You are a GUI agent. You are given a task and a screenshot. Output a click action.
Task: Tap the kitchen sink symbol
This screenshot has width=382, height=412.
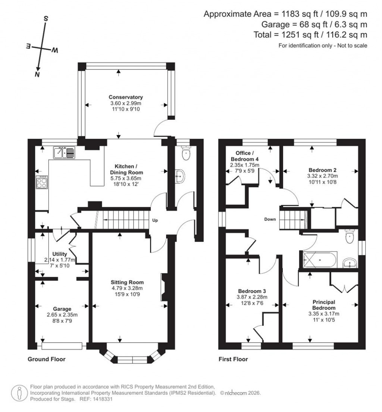click(x=64, y=152)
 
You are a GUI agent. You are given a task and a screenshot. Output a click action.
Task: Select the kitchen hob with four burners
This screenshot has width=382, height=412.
click(x=42, y=183)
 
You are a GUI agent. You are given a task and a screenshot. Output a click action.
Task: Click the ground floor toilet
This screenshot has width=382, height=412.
click(x=185, y=152)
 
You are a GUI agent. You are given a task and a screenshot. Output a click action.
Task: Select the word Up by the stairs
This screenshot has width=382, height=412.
click(x=155, y=221)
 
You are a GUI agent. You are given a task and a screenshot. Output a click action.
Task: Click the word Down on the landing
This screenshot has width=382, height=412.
click(x=270, y=219)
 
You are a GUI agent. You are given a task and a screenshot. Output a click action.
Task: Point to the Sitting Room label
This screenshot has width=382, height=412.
click(x=129, y=282)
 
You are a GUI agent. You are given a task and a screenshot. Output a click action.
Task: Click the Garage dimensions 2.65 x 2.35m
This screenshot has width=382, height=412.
click(x=62, y=315)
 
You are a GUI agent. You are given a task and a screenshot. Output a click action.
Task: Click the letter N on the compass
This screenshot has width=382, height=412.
click(x=37, y=75)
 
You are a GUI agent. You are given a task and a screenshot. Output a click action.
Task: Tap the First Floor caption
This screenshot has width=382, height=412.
click(x=233, y=359)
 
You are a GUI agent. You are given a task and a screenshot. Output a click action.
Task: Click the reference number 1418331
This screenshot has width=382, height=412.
click(x=102, y=399)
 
